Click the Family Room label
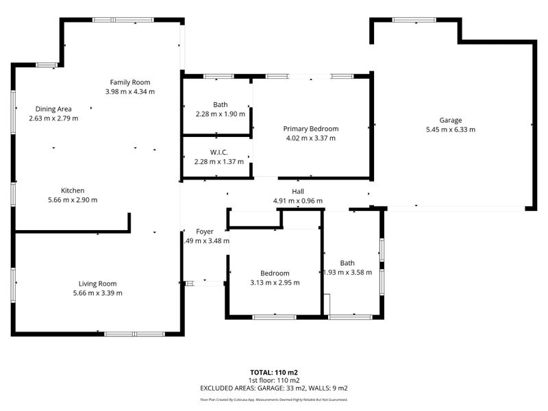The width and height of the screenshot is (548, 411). click(x=130, y=82)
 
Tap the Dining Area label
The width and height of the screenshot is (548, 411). click(x=53, y=108)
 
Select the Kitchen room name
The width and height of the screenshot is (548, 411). click(x=73, y=190)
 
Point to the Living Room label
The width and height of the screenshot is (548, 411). click(x=97, y=284)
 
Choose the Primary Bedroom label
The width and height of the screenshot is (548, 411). click(x=311, y=129)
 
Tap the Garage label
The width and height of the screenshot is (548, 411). click(x=450, y=120)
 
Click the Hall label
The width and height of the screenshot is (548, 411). click(x=297, y=192)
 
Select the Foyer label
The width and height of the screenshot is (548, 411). click(x=205, y=232)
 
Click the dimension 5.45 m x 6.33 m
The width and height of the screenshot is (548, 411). click(x=450, y=129)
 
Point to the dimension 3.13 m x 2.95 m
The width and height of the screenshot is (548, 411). click(x=275, y=282)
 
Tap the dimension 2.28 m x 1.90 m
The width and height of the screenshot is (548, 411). click(x=220, y=114)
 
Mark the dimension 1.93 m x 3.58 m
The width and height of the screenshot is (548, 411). click(x=348, y=272)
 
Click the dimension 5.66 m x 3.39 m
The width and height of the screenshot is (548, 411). click(x=97, y=293)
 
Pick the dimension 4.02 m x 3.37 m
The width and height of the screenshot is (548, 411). click(x=311, y=138)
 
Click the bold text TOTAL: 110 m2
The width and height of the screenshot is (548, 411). click(x=273, y=373)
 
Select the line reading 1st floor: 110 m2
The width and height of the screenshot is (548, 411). click(x=273, y=380)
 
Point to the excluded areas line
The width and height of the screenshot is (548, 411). click(x=273, y=388)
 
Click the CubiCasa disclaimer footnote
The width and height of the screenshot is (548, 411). click(x=273, y=399)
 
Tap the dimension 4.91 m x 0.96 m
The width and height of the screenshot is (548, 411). click(x=297, y=201)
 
